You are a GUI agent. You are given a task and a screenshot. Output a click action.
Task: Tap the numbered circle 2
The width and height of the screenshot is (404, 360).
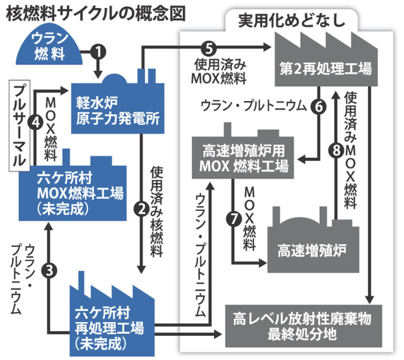pyautogui.click(x=142, y=209)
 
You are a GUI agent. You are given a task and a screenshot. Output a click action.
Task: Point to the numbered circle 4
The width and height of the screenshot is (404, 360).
pyautogui.click(x=36, y=122)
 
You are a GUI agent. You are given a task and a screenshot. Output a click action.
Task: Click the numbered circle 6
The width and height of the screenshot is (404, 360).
pyautogui.click(x=319, y=107)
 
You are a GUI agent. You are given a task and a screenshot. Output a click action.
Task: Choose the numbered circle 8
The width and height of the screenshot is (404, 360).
pyautogui.click(x=336, y=151)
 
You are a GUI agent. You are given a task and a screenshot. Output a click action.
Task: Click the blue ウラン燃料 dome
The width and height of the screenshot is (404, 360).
pyautogui.click(x=49, y=47)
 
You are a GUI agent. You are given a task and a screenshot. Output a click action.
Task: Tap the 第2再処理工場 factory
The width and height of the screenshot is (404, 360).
pyautogui.click(x=326, y=67)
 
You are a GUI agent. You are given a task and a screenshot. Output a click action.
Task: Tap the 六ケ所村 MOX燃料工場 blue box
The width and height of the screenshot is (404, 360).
pyautogui.click(x=73, y=193)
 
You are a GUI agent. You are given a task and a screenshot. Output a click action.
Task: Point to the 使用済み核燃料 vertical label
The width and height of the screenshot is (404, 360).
pyautogui.click(x=156, y=212)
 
